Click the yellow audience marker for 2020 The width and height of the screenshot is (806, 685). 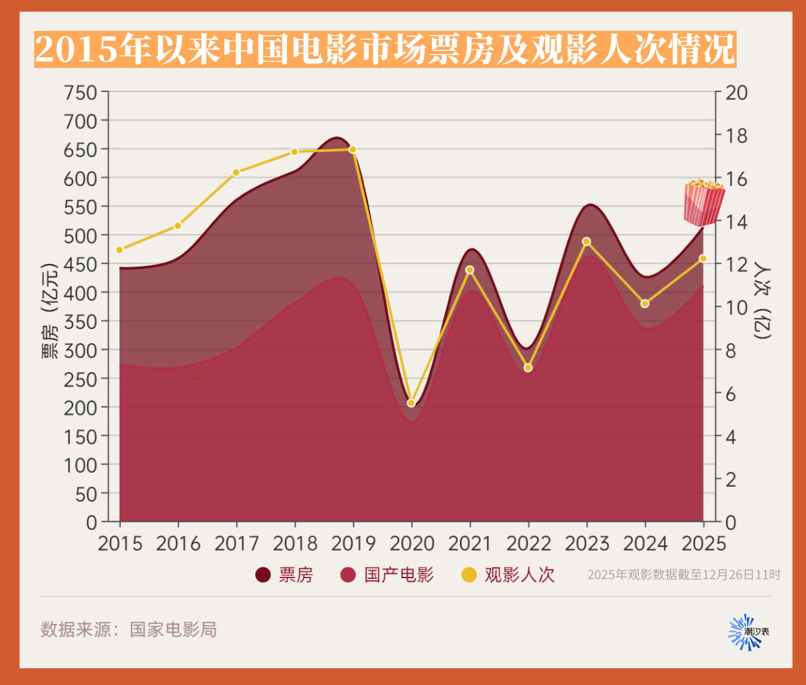(x=411, y=403)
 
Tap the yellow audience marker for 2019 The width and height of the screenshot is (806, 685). (x=353, y=149)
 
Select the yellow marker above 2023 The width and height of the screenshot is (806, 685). (x=586, y=241)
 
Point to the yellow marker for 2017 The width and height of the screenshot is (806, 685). (x=236, y=173)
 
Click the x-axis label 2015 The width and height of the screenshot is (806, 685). (x=120, y=543)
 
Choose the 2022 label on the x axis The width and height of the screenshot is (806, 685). (x=529, y=543)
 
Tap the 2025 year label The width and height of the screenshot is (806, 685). (x=703, y=543)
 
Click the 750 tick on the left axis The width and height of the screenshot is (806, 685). (x=81, y=93)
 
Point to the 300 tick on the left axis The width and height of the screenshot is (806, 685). (x=81, y=350)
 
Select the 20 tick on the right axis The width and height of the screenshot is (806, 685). (x=737, y=93)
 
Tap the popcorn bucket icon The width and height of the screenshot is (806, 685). (x=703, y=202)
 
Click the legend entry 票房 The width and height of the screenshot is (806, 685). (x=285, y=575)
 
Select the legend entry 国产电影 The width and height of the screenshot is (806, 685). (x=388, y=575)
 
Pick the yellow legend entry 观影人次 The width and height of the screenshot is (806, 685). (x=508, y=575)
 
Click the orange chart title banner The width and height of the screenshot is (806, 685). (x=385, y=49)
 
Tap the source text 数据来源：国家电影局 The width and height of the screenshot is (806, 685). (x=128, y=629)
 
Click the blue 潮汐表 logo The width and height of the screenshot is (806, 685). (x=747, y=632)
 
